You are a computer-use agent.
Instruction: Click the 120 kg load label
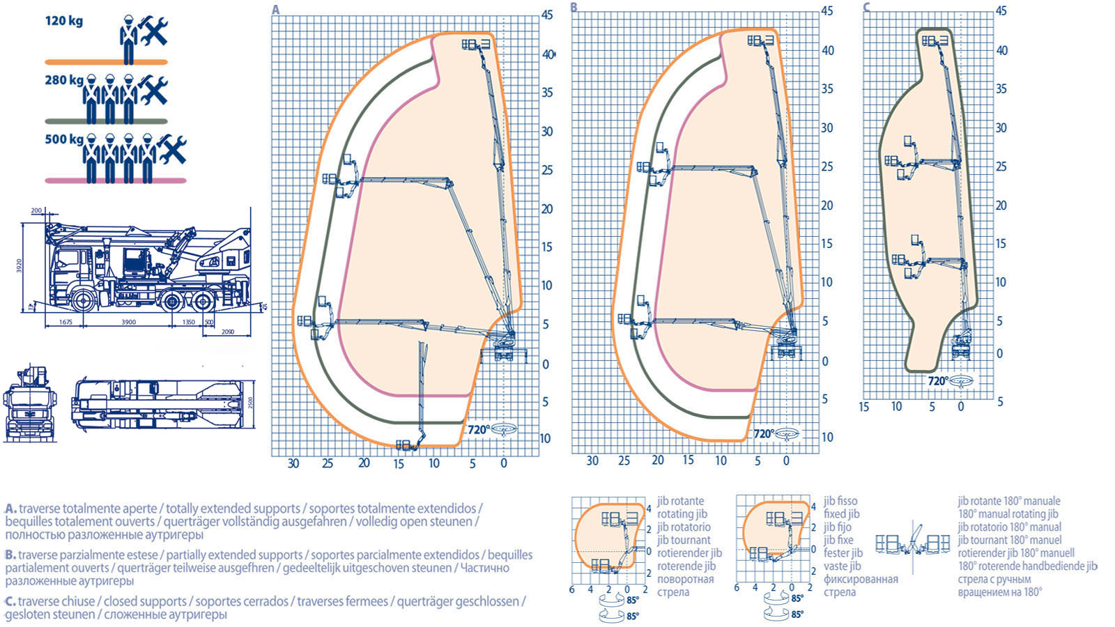point(63,21)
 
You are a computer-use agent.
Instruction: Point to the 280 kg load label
point(63,80)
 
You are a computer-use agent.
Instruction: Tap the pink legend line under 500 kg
point(115,180)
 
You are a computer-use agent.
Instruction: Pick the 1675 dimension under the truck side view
point(65,323)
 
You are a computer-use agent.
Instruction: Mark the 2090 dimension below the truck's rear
point(227,332)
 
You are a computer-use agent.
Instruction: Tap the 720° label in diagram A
point(479,429)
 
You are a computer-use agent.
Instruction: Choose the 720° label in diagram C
point(937,381)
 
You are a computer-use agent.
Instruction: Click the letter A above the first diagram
point(276,10)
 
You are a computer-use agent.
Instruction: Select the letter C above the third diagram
point(866,8)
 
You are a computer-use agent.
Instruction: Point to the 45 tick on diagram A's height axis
point(547,15)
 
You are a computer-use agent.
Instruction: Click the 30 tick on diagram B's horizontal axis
point(592,460)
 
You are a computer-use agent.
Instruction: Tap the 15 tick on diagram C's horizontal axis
point(864,407)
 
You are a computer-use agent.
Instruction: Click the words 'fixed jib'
point(841,514)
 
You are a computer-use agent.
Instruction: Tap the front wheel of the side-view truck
point(82,301)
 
